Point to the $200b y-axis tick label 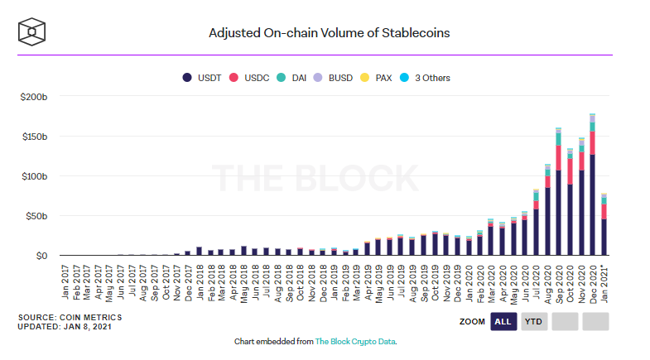coord(36,97)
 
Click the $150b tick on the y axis coord(36,137)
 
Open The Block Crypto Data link coord(361,341)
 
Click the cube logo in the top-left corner coord(32,32)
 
